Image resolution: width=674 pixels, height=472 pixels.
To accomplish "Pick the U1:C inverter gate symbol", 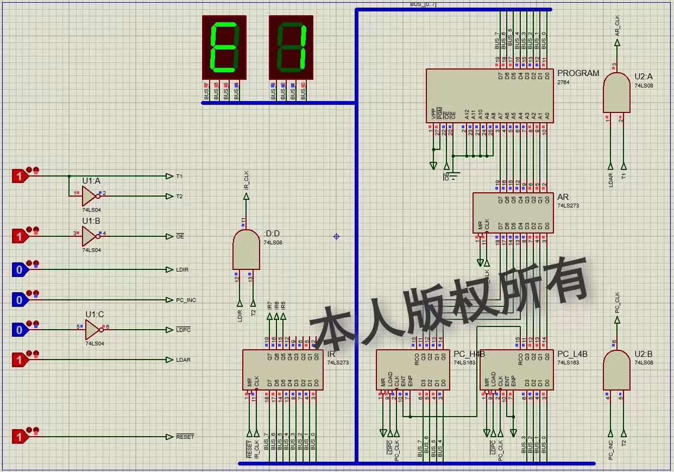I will pyautogui.click(x=93, y=330).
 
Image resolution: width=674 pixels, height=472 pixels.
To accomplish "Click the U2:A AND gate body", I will pyautogui.click(x=616, y=93).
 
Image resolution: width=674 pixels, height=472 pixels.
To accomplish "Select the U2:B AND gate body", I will pyautogui.click(x=616, y=369).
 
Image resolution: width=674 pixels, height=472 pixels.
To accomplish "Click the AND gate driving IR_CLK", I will pyautogui.click(x=246, y=249).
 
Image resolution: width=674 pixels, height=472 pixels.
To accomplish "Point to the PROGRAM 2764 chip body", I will pyautogui.click(x=489, y=95).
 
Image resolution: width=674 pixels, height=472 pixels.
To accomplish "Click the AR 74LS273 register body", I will pyautogui.click(x=513, y=212).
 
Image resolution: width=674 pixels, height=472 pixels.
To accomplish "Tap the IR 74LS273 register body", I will pyautogui.click(x=282, y=369).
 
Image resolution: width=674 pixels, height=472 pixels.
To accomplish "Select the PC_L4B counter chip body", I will pyautogui.click(x=516, y=369).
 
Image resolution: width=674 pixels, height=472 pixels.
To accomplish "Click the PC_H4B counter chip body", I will pyautogui.click(x=413, y=369).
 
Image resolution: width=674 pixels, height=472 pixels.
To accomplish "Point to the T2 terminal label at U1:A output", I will pyautogui.click(x=179, y=196).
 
